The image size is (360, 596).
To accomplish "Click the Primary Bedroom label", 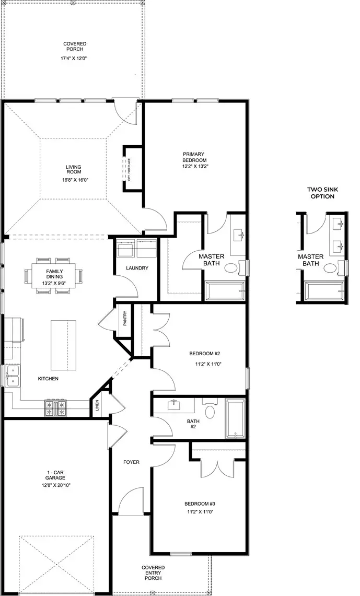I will [x=194, y=157].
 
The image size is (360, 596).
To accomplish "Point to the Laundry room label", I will [x=137, y=268].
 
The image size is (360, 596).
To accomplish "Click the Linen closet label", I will [x=98, y=406].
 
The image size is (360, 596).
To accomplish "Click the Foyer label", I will [x=131, y=462].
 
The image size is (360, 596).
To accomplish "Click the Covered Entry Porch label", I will [x=153, y=573].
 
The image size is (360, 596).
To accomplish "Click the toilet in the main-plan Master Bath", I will [x=230, y=268].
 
